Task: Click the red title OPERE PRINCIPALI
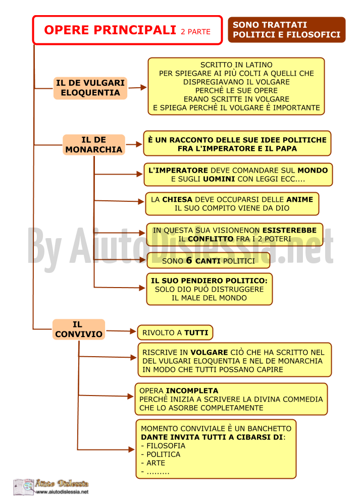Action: (110, 30)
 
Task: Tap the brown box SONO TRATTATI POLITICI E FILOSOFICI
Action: (286, 30)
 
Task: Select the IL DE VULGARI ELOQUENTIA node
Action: (90, 88)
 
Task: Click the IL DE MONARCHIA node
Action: (94, 145)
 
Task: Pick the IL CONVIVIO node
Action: (79, 329)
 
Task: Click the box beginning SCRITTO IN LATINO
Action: (236, 86)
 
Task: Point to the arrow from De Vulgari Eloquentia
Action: (137, 87)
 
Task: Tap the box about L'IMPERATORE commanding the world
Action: (238, 175)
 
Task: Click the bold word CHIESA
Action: (177, 199)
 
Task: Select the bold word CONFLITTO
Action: (211, 239)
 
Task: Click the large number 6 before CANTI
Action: (189, 260)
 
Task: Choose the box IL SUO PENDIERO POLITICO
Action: (210, 289)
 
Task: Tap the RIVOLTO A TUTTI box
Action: (175, 332)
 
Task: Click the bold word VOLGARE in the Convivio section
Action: (209, 352)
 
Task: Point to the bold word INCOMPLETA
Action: (192, 390)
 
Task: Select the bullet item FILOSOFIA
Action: (163, 446)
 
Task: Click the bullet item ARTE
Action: (153, 463)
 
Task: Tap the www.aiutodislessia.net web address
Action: (62, 492)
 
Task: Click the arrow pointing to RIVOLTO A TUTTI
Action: (121, 331)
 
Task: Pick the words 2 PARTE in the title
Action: (195, 31)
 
